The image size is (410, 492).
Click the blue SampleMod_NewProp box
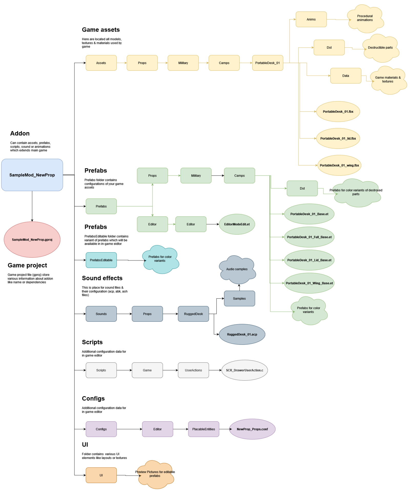click(32, 175)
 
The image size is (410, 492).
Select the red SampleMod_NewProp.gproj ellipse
click(32, 240)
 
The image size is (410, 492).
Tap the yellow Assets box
click(101, 63)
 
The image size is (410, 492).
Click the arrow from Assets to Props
click(122, 63)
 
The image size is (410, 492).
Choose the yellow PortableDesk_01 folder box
click(268, 63)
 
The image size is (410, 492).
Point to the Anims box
click(311, 19)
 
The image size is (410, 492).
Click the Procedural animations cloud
click(365, 18)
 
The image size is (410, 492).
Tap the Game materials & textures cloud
click(388, 80)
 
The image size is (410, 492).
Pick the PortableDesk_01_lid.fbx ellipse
click(338, 138)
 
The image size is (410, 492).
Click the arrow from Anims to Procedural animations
click(337, 19)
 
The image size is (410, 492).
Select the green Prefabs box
click(101, 206)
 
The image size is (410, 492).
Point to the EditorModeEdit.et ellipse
click(237, 224)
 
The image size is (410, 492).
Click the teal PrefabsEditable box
click(101, 260)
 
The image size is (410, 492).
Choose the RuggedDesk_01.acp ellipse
click(242, 334)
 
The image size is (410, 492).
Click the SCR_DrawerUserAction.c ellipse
click(244, 370)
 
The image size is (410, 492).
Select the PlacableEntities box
click(204, 429)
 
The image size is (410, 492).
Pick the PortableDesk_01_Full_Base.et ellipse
click(309, 237)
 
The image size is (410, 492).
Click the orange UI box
click(101, 475)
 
